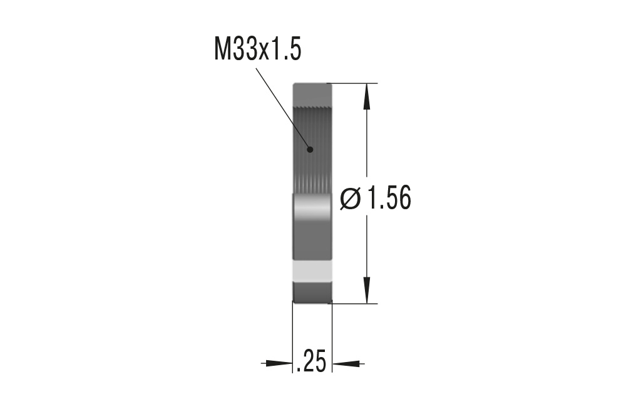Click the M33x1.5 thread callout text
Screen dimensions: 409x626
(257, 49)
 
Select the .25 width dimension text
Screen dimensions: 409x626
(311, 362)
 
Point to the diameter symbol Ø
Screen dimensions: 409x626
(351, 200)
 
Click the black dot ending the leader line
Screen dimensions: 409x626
(309, 149)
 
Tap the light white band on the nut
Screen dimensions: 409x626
(312, 270)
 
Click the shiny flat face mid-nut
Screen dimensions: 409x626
(312, 213)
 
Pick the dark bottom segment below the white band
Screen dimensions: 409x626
(312, 291)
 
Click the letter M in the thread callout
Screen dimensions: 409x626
(222, 49)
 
